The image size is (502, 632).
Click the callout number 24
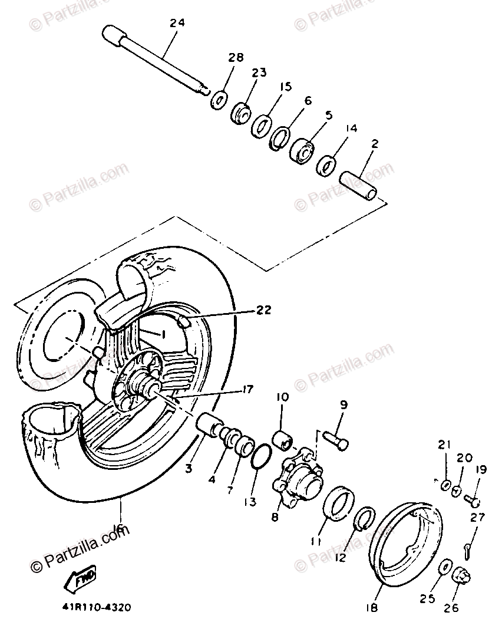177,23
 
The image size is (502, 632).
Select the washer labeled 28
219,98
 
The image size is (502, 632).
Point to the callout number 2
375,143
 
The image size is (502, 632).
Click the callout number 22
264,310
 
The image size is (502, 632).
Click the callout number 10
280,398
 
